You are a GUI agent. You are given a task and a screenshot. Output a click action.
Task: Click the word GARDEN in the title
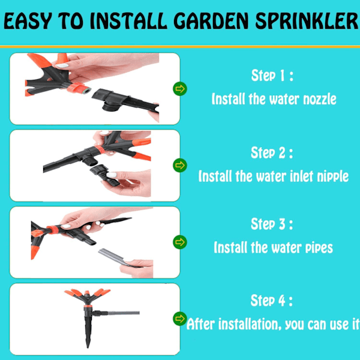coord(211,21)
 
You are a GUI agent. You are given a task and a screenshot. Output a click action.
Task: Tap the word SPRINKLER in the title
coord(307,21)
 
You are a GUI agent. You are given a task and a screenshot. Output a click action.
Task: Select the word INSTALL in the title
coord(128,21)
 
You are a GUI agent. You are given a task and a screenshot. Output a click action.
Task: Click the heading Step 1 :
coord(272,76)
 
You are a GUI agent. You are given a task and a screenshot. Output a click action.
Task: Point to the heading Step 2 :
coord(272,152)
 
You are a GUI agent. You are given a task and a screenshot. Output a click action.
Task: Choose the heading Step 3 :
coord(272,224)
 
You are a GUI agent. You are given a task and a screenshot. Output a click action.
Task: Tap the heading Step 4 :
coord(272,301)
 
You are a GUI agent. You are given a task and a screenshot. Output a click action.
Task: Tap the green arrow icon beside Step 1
coord(180,89)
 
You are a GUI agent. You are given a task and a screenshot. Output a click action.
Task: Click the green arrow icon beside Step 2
coord(180,166)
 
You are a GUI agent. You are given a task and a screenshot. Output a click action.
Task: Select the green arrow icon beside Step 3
coord(180,242)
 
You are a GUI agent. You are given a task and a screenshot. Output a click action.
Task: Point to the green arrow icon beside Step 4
coord(180,319)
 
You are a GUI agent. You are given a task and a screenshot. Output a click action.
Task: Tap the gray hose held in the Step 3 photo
coord(115,257)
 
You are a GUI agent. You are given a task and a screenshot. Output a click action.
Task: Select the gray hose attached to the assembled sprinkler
coord(123,313)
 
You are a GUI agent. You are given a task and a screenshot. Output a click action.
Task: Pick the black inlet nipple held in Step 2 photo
coord(103,175)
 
